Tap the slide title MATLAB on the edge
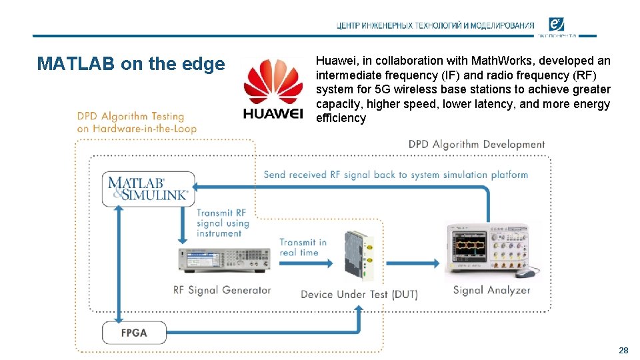pyautogui.click(x=131, y=64)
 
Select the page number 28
pyautogui.click(x=623, y=350)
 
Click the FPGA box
pyautogui.click(x=134, y=332)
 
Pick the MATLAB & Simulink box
pyautogui.click(x=149, y=188)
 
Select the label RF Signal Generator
pyautogui.click(x=222, y=290)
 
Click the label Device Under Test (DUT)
pyautogui.click(x=359, y=294)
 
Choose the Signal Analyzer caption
pyautogui.click(x=491, y=290)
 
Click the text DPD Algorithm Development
pyautogui.click(x=477, y=145)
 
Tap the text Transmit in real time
pyautogui.click(x=303, y=247)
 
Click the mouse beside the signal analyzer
pyautogui.click(x=525, y=273)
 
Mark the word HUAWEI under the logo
pyautogui.click(x=273, y=113)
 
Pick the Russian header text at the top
pyautogui.click(x=435, y=26)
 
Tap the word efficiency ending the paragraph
pyautogui.click(x=341, y=118)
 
